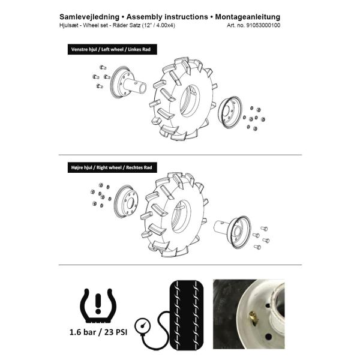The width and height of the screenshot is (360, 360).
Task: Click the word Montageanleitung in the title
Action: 245,16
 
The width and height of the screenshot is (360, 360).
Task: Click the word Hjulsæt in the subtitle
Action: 71,26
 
